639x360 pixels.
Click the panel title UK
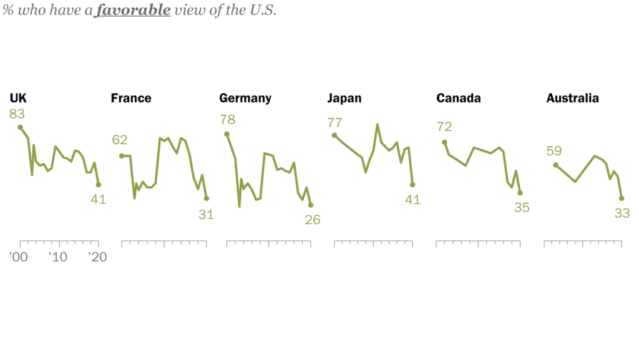click(x=18, y=98)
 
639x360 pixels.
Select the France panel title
click(x=131, y=98)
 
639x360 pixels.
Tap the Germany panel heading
click(x=245, y=98)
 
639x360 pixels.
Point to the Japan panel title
click(x=344, y=98)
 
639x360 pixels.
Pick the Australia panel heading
click(x=572, y=98)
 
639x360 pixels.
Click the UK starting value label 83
click(x=17, y=114)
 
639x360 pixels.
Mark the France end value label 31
click(x=206, y=214)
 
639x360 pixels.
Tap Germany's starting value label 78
click(x=227, y=120)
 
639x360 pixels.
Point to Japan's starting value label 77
click(x=335, y=122)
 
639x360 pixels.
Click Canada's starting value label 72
click(x=444, y=127)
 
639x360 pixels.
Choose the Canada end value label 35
click(x=522, y=208)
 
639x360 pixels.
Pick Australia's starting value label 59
click(x=554, y=151)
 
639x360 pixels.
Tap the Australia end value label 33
click(x=622, y=213)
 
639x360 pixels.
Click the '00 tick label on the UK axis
click(x=19, y=257)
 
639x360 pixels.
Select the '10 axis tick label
click(x=58, y=257)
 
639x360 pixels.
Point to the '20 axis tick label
click(x=97, y=257)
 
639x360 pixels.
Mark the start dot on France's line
click(x=122, y=155)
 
